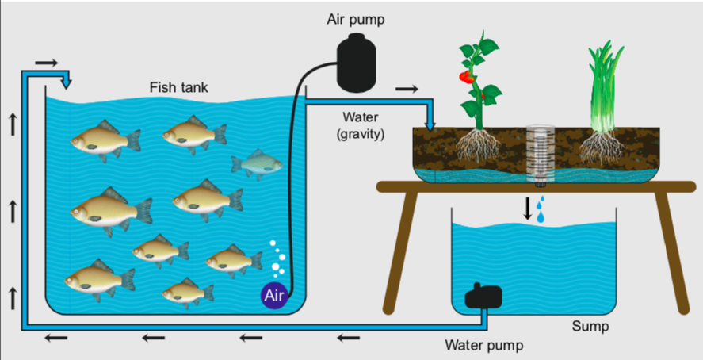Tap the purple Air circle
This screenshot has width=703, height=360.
point(273,297)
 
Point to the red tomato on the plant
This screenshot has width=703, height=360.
point(465,78)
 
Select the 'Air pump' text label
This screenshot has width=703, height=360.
point(358,19)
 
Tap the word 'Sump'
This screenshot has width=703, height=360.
point(589,326)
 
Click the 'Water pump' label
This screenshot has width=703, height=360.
point(483,345)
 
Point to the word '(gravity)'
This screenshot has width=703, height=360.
point(360,134)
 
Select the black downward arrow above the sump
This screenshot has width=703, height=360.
point(527,208)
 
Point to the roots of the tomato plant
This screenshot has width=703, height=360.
point(479,147)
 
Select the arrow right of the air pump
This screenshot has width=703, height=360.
point(406,89)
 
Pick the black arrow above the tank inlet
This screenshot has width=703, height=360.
point(47,61)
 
